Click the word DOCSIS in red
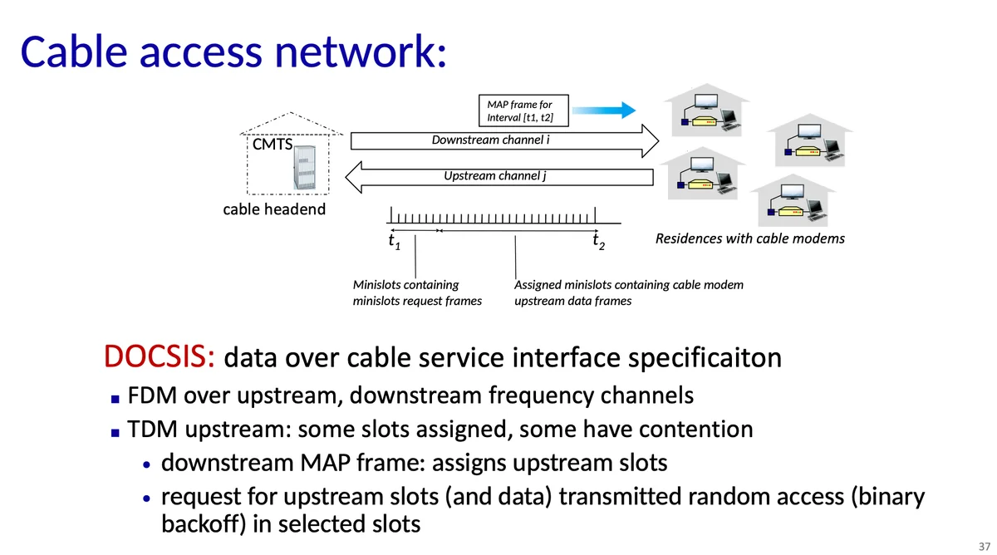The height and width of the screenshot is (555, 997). pyautogui.click(x=160, y=357)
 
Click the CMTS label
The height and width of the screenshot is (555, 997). pyautogui.click(x=272, y=145)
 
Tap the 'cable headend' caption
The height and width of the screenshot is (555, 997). pyautogui.click(x=274, y=209)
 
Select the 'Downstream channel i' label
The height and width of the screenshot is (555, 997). pyautogui.click(x=490, y=140)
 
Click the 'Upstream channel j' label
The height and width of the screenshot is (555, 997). pyautogui.click(x=494, y=175)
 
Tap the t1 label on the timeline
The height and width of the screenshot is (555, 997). pyautogui.click(x=394, y=243)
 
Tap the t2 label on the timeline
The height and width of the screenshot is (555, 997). pyautogui.click(x=597, y=242)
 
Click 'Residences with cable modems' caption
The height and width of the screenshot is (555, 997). pyautogui.click(x=749, y=239)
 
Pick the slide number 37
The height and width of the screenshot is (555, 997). pyautogui.click(x=984, y=545)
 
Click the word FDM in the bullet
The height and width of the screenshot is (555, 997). pyautogui.click(x=153, y=395)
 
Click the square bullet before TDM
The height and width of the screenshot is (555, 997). pyautogui.click(x=115, y=431)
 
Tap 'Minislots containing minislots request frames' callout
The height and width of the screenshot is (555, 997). pyautogui.click(x=417, y=292)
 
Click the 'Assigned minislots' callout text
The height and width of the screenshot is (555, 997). pyautogui.click(x=628, y=292)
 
